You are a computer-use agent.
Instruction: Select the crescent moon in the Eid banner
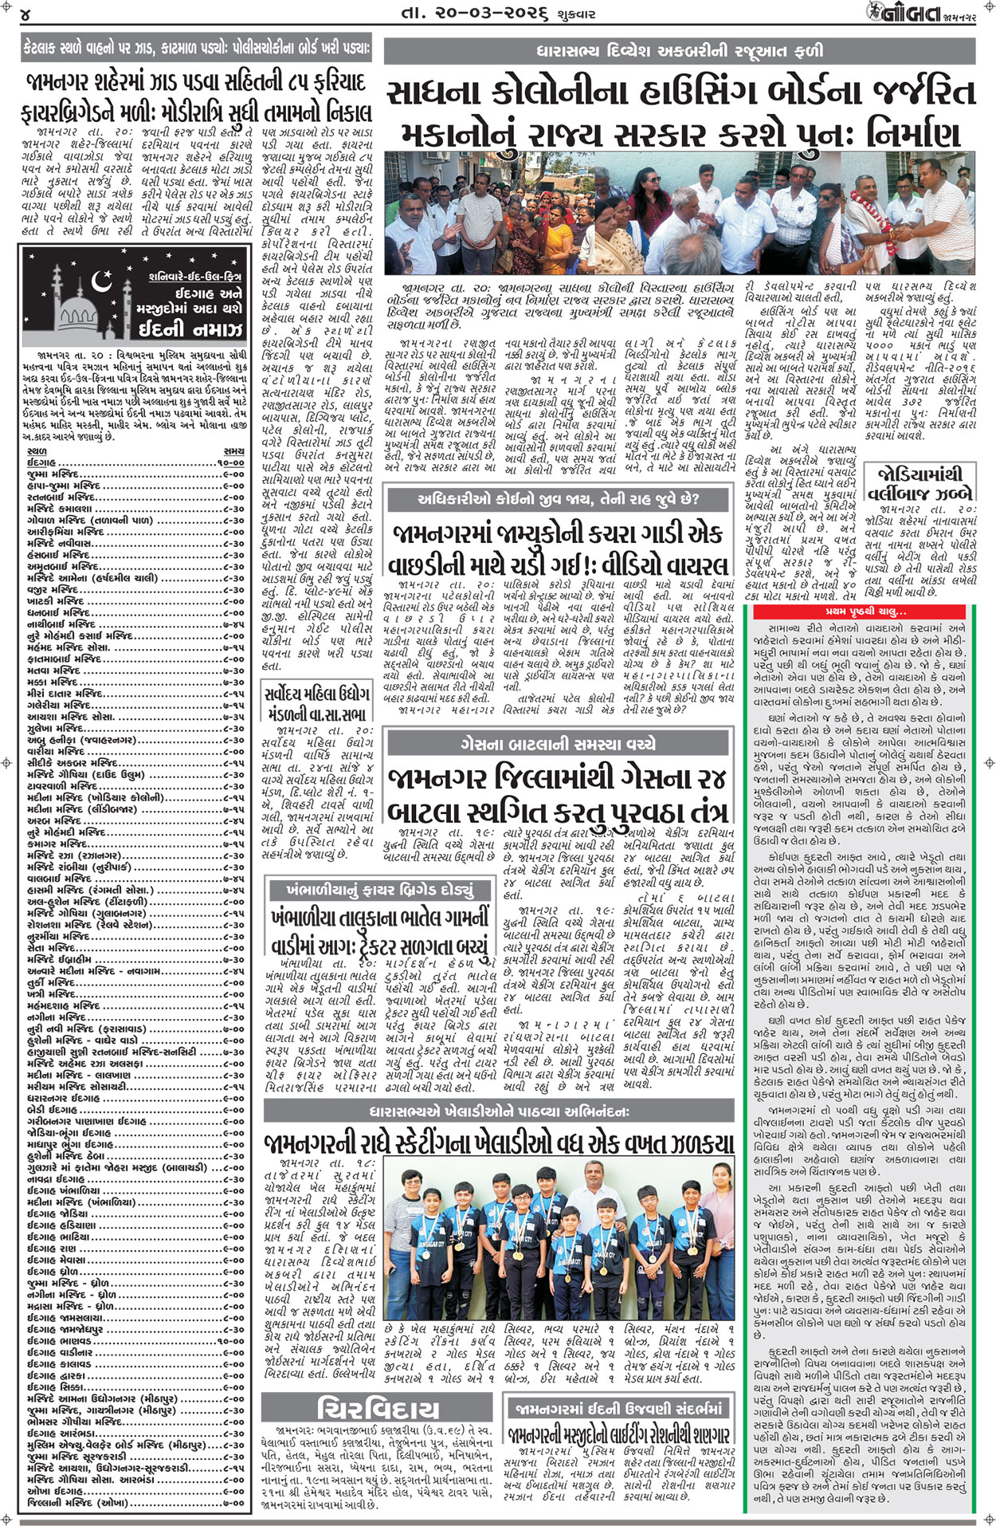(101, 281)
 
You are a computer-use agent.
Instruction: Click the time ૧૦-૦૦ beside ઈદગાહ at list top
(230, 462)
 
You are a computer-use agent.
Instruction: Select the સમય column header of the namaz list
(233, 451)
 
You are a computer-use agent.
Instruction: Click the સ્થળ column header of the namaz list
(37, 451)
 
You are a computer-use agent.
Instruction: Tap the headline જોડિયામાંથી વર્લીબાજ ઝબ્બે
(921, 482)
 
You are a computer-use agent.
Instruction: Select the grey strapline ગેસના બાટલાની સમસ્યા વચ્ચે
(557, 744)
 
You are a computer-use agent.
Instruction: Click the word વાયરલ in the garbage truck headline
(686, 565)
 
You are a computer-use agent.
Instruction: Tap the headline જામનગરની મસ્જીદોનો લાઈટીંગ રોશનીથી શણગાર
(618, 1436)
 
